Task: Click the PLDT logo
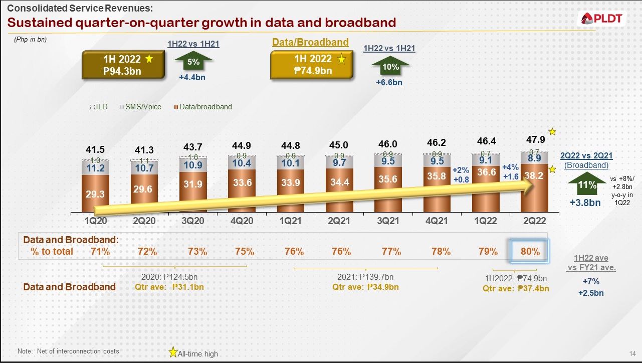(x=602, y=19)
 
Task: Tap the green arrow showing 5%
(x=193, y=62)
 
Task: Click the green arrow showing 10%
(x=390, y=66)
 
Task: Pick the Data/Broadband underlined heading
(x=310, y=43)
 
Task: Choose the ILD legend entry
(x=99, y=107)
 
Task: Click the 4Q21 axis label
(x=436, y=221)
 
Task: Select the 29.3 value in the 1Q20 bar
(x=95, y=194)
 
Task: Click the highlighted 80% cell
(x=530, y=252)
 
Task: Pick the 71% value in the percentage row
(x=100, y=252)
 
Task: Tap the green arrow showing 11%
(x=587, y=185)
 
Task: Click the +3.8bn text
(x=585, y=203)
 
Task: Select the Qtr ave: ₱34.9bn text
(x=365, y=287)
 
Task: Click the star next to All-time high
(x=173, y=352)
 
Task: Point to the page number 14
(x=631, y=353)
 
